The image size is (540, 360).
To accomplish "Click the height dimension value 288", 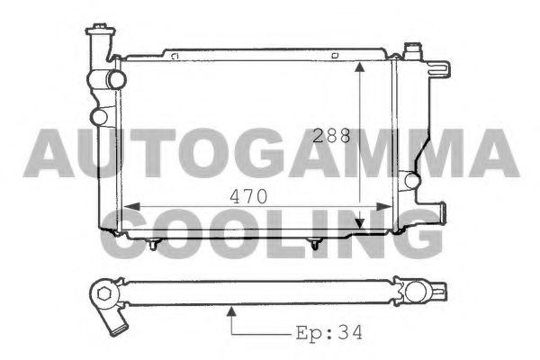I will tap(331, 138).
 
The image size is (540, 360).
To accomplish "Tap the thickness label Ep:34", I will tap(329, 332).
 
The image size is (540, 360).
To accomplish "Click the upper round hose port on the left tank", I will tap(114, 79).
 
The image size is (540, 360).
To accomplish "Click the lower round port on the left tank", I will tap(99, 116).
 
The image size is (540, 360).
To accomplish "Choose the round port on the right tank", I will tap(411, 180).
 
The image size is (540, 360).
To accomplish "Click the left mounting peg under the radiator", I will tap(155, 243).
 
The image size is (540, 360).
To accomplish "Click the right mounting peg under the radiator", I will tap(315, 243).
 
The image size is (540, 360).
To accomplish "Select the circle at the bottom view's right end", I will tap(415, 292).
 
